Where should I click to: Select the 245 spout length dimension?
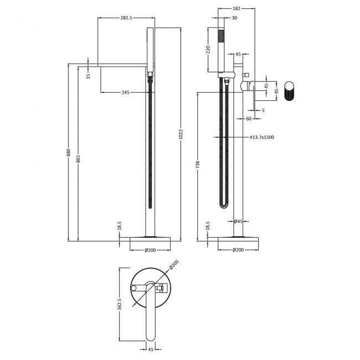pyautogui.click(x=125, y=92)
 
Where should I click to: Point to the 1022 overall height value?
pyautogui.click(x=181, y=134)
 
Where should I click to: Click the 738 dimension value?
pyautogui.click(x=198, y=164)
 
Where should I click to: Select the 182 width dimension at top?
pyautogui.click(x=237, y=9)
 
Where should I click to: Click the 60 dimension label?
pyautogui.click(x=249, y=119)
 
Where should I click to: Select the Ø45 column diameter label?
pyautogui.click(x=239, y=222)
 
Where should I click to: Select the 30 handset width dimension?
pyautogui.click(x=234, y=18)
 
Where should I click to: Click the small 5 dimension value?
pyautogui.click(x=263, y=110)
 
